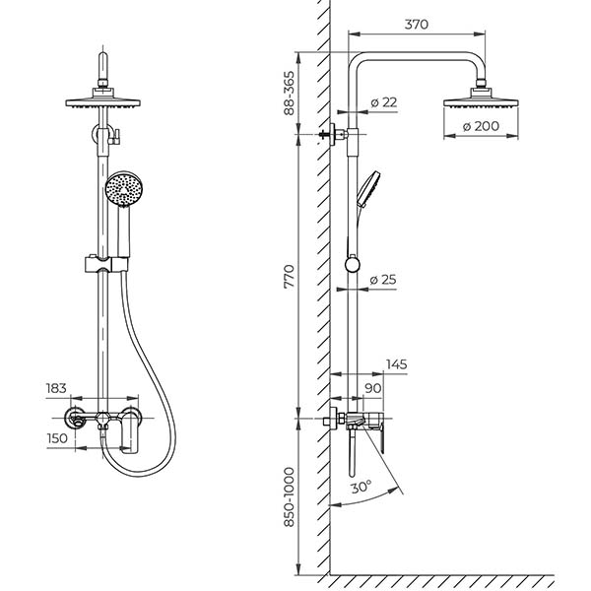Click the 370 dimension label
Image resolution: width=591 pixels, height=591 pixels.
tap(417, 25)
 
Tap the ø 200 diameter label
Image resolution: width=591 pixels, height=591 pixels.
tap(481, 126)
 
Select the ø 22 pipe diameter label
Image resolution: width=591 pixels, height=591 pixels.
tap(384, 102)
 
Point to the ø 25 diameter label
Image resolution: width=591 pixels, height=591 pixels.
tap(383, 280)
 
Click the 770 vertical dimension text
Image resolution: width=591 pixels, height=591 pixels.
tap(290, 277)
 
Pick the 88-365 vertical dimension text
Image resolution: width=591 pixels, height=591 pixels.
tap(290, 94)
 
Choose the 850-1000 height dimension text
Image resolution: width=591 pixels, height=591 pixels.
tap(290, 496)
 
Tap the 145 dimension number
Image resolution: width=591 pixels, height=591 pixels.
tap(397, 364)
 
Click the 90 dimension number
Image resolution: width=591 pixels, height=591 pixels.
tap(372, 388)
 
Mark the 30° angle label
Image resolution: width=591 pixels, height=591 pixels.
tap(361, 487)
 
